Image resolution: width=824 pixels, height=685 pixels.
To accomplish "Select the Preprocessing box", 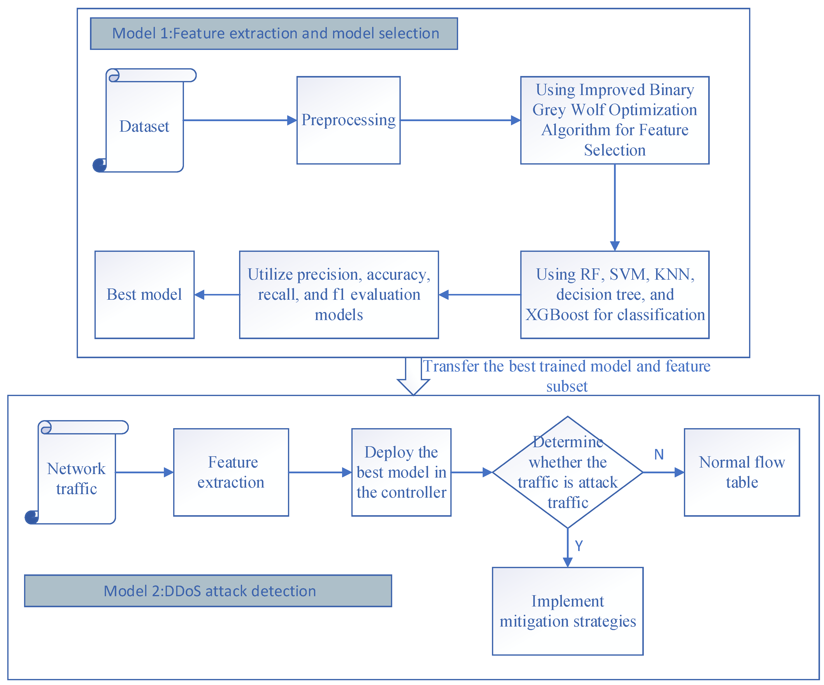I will [348, 120].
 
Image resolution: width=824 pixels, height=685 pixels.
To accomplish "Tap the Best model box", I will [144, 294].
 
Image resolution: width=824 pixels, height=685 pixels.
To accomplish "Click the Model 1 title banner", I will [274, 33].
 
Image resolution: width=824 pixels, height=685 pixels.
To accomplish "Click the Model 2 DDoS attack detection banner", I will [208, 591].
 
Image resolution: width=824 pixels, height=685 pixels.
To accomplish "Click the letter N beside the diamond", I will [659, 454].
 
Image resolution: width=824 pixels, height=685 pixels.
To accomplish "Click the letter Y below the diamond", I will [579, 546].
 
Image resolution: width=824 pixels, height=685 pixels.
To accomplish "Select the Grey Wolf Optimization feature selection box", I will [614, 120].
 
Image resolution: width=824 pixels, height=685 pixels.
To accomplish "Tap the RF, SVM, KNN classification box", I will [614, 294].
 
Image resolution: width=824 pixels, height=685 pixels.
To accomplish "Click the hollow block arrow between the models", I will [413, 377].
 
